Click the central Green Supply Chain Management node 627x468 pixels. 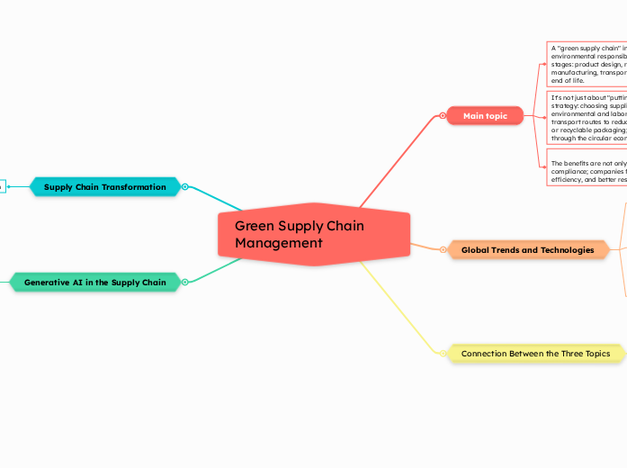coord(313,234)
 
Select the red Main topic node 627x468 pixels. coord(485,116)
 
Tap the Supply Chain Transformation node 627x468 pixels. coord(104,187)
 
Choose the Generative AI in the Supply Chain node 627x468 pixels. coord(94,283)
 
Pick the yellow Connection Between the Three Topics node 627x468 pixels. coord(535,354)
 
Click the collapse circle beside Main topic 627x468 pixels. coord(443,116)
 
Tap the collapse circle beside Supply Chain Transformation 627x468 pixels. coord(184,187)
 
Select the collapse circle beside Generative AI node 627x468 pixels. coord(184,283)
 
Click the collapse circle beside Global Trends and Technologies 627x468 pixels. coord(443,250)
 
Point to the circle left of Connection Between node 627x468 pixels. coord(443,354)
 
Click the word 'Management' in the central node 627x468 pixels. coord(278,243)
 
